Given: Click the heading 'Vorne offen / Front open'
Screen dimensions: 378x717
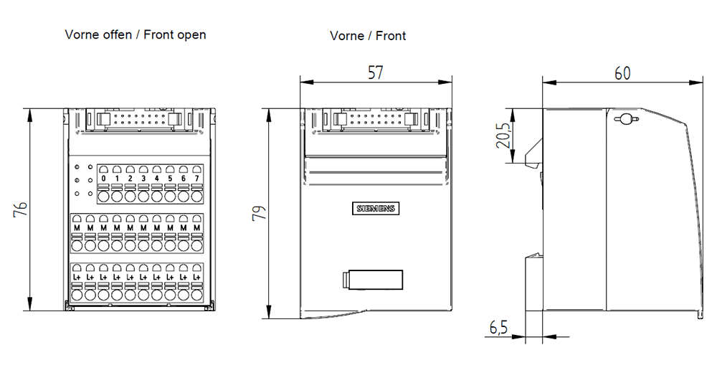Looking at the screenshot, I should (136, 34).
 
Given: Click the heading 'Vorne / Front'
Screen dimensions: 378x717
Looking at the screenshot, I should (368, 35).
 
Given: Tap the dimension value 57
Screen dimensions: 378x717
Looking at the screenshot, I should (376, 72).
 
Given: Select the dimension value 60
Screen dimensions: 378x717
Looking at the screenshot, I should (623, 72).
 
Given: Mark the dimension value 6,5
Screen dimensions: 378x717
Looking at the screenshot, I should (499, 328).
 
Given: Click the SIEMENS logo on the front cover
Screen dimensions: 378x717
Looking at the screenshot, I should (375, 209).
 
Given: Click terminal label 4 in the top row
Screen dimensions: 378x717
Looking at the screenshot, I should (156, 179).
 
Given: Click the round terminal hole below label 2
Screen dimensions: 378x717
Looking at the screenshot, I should (130, 195).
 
